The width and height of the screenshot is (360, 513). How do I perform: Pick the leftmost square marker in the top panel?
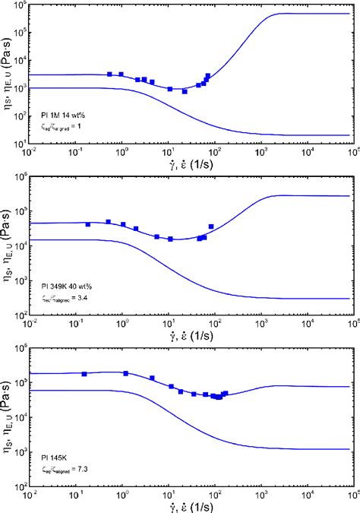coord(110,74)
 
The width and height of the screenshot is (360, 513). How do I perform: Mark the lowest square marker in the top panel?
coord(185,91)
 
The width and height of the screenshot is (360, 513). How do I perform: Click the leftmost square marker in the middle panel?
coord(88,225)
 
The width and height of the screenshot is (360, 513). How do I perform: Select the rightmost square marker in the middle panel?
coord(211,226)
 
